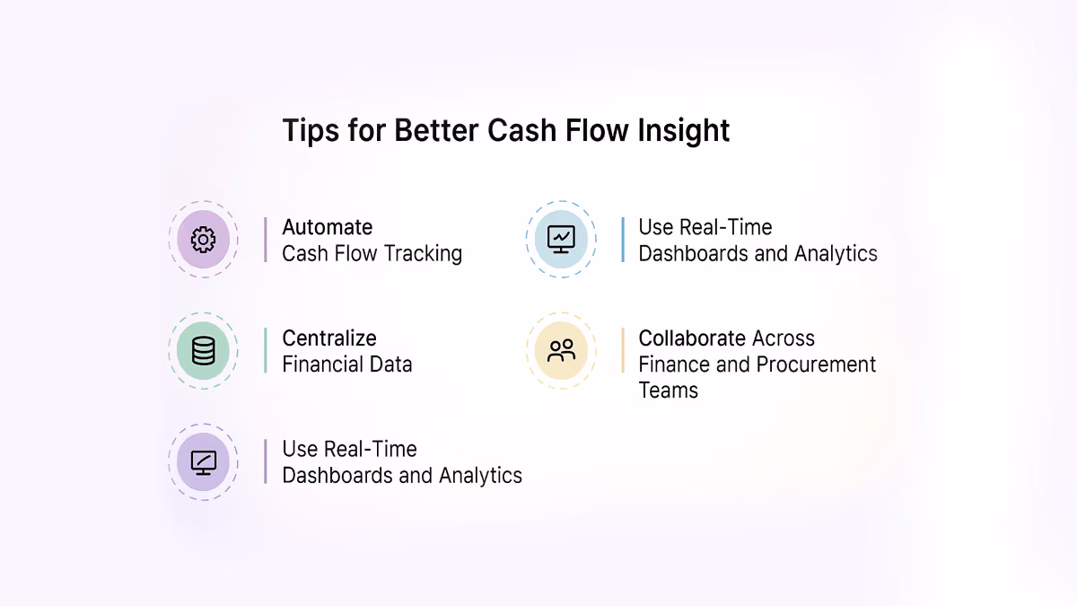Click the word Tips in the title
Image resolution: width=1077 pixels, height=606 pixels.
click(311, 130)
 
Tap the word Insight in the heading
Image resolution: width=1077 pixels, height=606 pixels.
click(683, 130)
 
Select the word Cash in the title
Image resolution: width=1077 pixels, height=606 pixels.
click(521, 130)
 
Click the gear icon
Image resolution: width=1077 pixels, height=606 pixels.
click(204, 240)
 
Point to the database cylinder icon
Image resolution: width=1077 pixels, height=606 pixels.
click(204, 351)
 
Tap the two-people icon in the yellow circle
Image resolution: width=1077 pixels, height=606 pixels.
click(561, 351)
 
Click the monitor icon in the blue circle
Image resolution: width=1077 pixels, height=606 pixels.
click(561, 239)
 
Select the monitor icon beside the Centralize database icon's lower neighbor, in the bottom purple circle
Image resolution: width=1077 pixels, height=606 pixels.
click(204, 462)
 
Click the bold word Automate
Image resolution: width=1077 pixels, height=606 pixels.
click(327, 227)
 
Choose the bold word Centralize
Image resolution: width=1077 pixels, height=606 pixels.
click(329, 338)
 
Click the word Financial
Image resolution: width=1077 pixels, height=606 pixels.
click(314, 364)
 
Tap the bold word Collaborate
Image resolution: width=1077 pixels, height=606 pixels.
click(692, 338)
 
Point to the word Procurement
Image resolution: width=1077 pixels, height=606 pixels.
click(816, 364)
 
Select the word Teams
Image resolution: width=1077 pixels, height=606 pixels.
click(669, 390)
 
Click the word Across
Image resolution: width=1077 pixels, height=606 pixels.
click(784, 338)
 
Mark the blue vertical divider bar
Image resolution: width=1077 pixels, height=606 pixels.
click(623, 240)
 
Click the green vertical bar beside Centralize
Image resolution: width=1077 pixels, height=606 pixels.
click(266, 351)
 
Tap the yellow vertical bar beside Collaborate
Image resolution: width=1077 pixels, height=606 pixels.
click(623, 351)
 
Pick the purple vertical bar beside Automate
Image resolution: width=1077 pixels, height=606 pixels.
click(266, 240)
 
